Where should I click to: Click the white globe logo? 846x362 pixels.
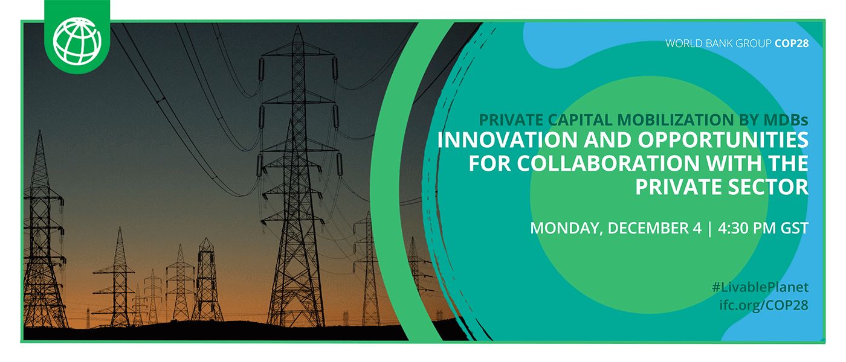(x=77, y=40)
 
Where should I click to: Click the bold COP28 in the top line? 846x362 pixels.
(x=791, y=43)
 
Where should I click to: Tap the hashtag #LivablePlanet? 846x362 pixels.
(x=760, y=287)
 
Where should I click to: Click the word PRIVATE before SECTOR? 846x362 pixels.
(x=672, y=186)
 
